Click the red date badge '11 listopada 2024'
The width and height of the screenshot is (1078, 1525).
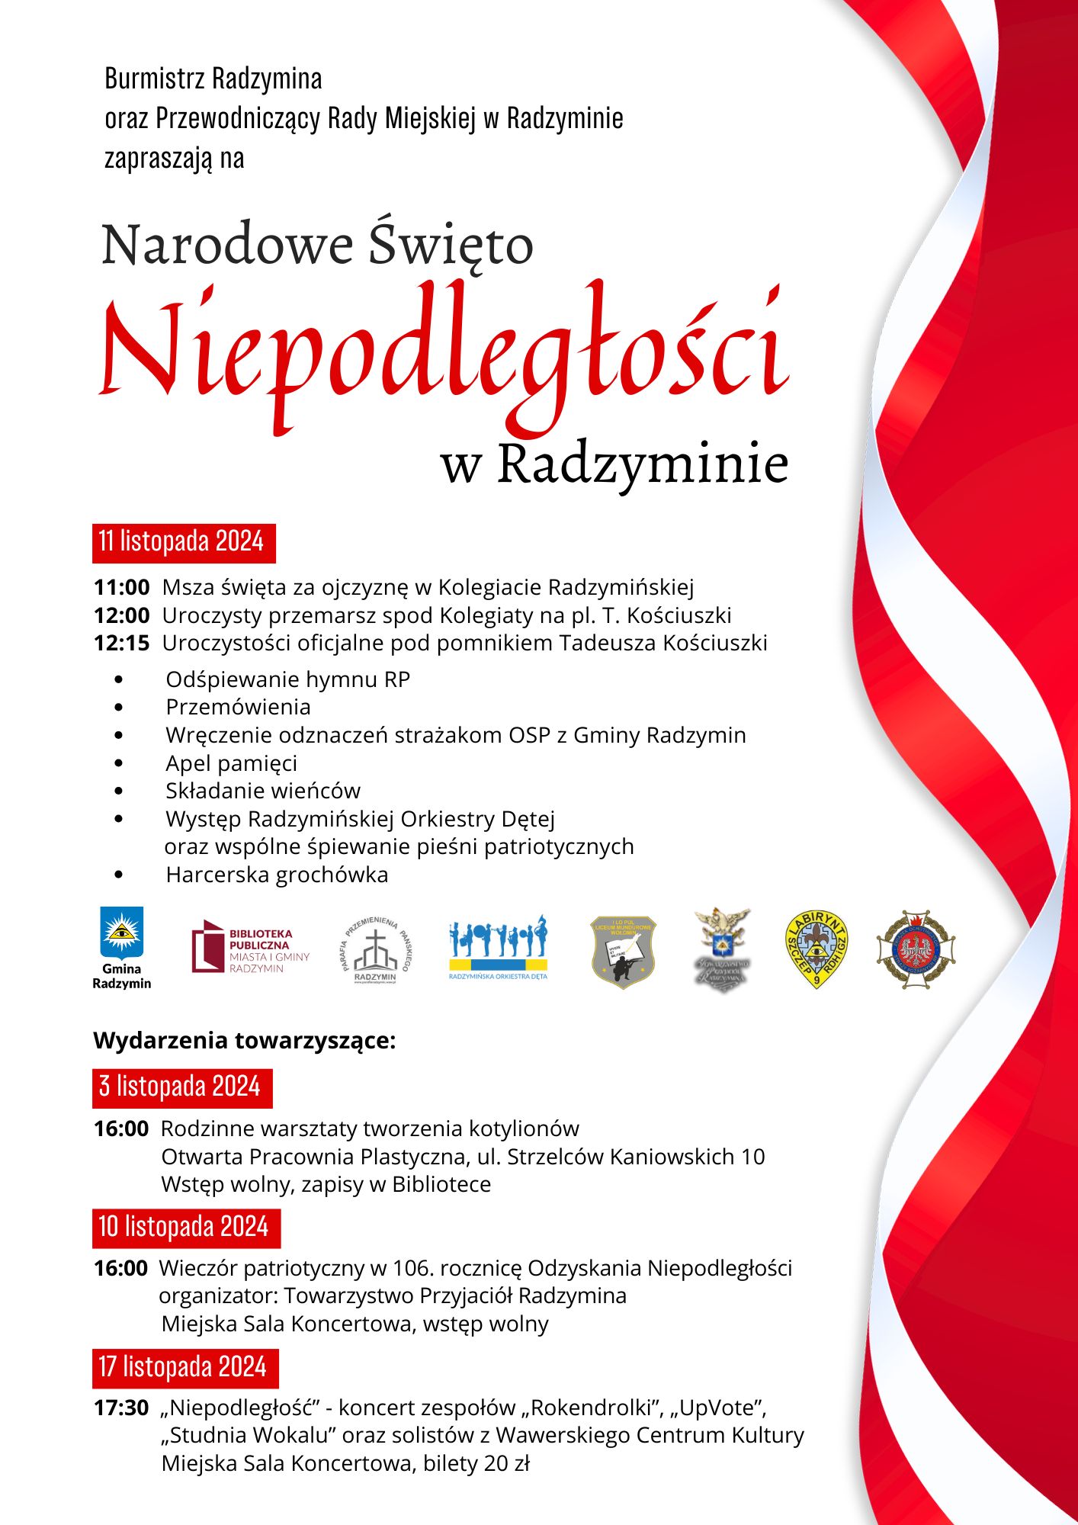click(183, 542)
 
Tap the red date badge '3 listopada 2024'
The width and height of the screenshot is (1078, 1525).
click(181, 1087)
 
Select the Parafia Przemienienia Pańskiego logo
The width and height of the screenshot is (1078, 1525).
click(375, 950)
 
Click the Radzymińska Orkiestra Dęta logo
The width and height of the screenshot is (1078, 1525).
click(498, 947)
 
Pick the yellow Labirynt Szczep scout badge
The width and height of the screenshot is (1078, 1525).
click(817, 949)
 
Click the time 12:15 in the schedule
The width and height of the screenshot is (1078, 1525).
click(121, 644)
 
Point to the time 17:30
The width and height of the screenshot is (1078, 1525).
click(121, 1408)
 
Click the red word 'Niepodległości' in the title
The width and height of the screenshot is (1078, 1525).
click(444, 351)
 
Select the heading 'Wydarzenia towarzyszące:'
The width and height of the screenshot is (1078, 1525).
click(244, 1041)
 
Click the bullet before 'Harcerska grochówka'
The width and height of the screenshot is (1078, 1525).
click(118, 875)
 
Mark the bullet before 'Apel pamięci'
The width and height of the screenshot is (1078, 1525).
click(118, 763)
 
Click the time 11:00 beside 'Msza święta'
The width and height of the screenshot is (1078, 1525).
click(121, 587)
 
